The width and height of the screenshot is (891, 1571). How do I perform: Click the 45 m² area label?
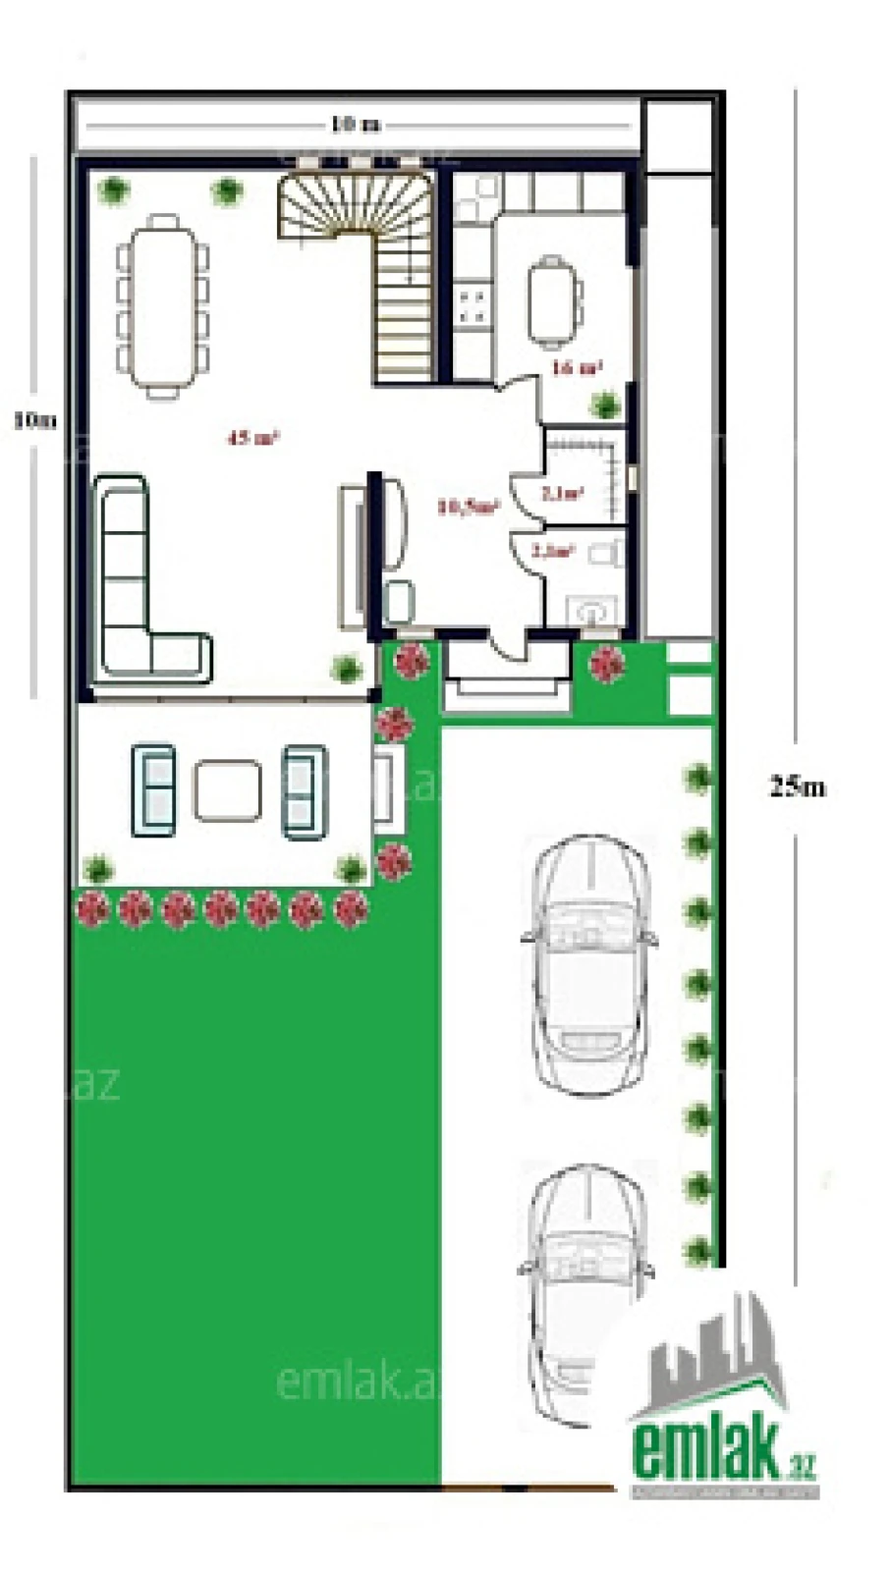pyautogui.click(x=253, y=438)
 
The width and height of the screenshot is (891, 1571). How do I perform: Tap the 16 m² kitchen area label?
pyautogui.click(x=577, y=368)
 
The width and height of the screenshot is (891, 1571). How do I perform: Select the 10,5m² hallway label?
pyautogui.click(x=469, y=507)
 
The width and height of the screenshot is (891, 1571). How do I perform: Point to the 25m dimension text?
pyautogui.click(x=797, y=786)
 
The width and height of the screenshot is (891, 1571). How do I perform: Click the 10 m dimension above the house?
pyautogui.click(x=355, y=125)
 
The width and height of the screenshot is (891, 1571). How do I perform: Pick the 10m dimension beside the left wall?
pyautogui.click(x=34, y=420)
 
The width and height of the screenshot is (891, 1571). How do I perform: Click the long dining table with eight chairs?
pyautogui.click(x=163, y=306)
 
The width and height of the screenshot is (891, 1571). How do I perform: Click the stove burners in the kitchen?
pyautogui.click(x=473, y=304)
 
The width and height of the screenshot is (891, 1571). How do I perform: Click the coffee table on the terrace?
pyautogui.click(x=228, y=791)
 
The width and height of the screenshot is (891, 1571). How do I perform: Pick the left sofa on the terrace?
pyautogui.click(x=154, y=791)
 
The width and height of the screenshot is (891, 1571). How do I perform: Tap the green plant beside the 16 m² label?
pyautogui.click(x=606, y=405)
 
